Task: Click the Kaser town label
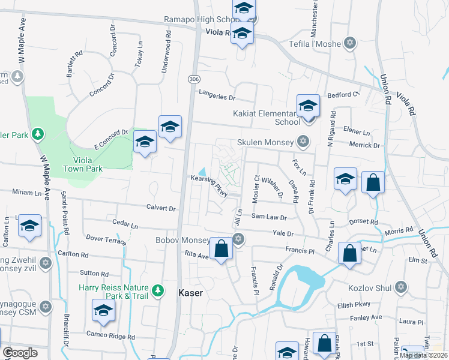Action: (191, 293)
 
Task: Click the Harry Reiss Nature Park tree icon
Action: (158, 290)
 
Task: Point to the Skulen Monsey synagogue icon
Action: (303, 142)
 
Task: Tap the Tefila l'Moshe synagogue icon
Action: (350, 43)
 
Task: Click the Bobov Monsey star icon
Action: (238, 239)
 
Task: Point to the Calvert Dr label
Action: (160, 209)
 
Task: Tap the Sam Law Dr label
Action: (269, 216)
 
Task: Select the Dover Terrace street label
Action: (106, 240)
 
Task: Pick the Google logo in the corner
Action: (19, 353)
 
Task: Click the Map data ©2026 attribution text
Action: (423, 355)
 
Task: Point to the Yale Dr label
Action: (282, 233)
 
